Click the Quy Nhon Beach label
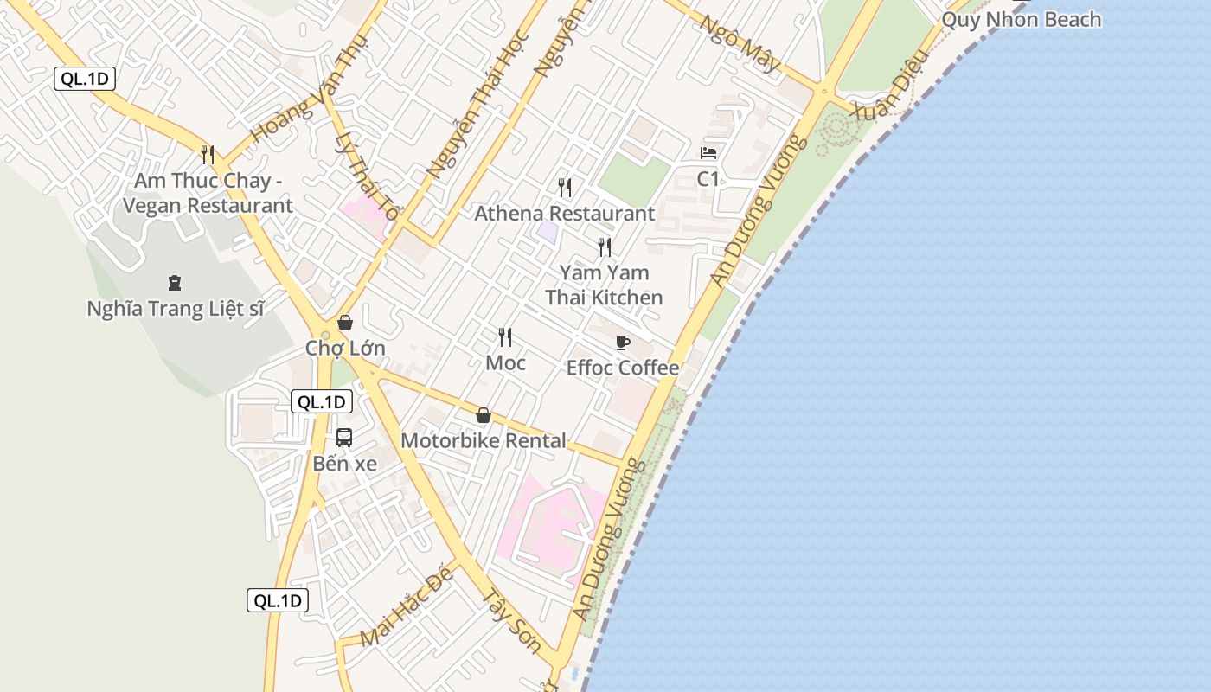coord(1021,20)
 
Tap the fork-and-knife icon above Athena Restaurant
coord(565,187)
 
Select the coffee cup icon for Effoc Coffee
coord(623,343)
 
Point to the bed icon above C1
coord(708,153)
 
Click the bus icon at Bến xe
coord(344,438)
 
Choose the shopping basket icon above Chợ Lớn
coord(345,324)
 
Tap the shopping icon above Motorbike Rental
coord(484,416)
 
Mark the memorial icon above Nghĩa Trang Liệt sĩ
coord(175,283)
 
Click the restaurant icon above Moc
coord(505,337)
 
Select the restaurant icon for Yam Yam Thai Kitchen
coord(605,247)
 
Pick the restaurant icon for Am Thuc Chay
coord(208,155)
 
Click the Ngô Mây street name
coord(740,44)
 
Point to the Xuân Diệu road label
coord(890,84)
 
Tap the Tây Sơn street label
coord(511,621)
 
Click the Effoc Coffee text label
coord(623,368)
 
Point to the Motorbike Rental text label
coord(484,441)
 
